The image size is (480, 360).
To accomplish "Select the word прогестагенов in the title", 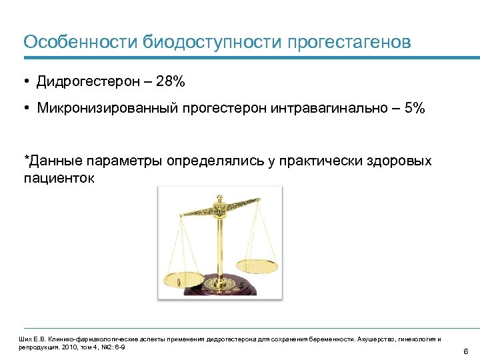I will coord(349,42).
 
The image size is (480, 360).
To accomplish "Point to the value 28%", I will coord(171,82).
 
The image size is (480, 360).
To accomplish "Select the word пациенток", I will coord(59,178).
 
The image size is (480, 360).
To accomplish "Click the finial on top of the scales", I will coord(217,199).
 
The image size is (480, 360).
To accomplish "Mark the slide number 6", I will coord(465,351).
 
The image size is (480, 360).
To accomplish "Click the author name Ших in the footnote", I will coord(25,339).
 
